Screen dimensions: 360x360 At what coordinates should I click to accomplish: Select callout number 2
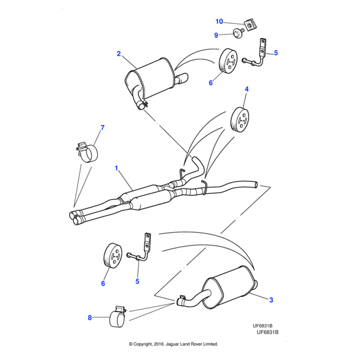(119, 54)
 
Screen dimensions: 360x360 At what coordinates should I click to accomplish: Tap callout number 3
(271, 300)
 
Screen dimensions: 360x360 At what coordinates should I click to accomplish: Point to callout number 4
(246, 89)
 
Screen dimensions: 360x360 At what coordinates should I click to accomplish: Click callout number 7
(102, 127)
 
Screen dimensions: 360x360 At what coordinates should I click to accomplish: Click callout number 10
(220, 22)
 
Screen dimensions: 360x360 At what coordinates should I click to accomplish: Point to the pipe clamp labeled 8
(117, 317)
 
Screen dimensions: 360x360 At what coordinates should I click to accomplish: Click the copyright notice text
(173, 344)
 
